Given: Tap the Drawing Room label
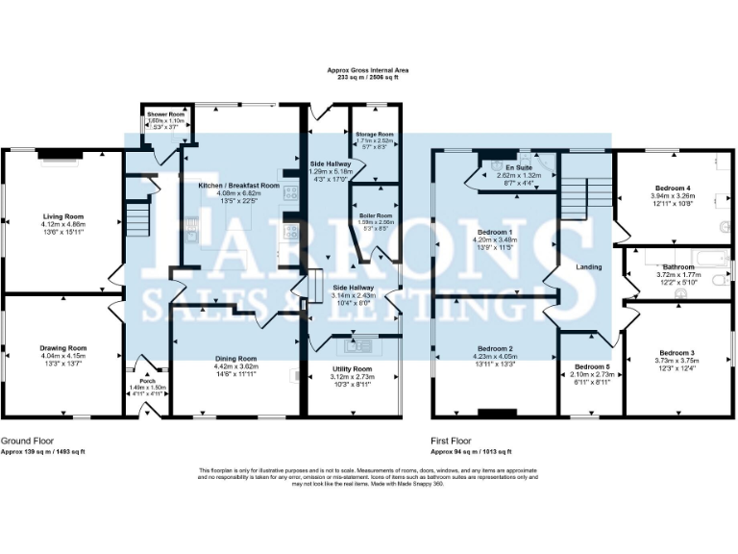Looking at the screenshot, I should pos(62,347).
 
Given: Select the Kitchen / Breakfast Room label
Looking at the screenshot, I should pos(238,185).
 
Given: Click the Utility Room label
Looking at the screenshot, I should pos(351,368).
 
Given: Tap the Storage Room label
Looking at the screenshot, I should pos(374,135).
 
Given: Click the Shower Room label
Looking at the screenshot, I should pos(165,114).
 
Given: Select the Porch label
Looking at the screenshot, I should pos(147,379).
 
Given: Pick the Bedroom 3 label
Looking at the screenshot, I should pos(677,353).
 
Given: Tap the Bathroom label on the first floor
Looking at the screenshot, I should pos(677,266).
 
